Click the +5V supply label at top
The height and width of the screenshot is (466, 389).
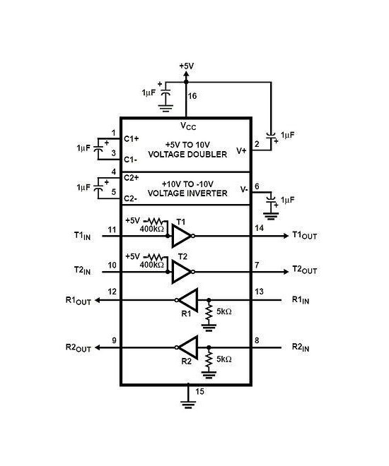(x=186, y=66)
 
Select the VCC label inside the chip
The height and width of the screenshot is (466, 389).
(x=187, y=126)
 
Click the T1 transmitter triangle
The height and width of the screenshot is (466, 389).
(x=181, y=237)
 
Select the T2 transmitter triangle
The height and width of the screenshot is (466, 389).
(x=181, y=271)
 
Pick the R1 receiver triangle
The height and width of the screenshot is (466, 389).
(x=187, y=299)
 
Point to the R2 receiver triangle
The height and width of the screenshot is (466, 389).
(x=187, y=347)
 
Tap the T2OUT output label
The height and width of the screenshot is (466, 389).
(x=306, y=270)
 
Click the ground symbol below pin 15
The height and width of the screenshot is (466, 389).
(x=187, y=404)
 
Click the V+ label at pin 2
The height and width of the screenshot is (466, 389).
(x=241, y=150)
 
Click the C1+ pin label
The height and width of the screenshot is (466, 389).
(x=132, y=138)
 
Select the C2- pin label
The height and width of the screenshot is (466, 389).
(x=132, y=198)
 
